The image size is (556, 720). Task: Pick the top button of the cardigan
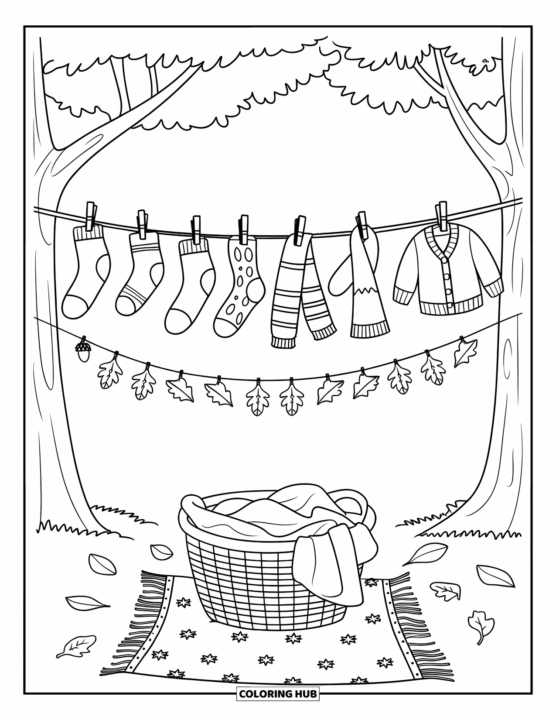(x=445, y=261)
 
